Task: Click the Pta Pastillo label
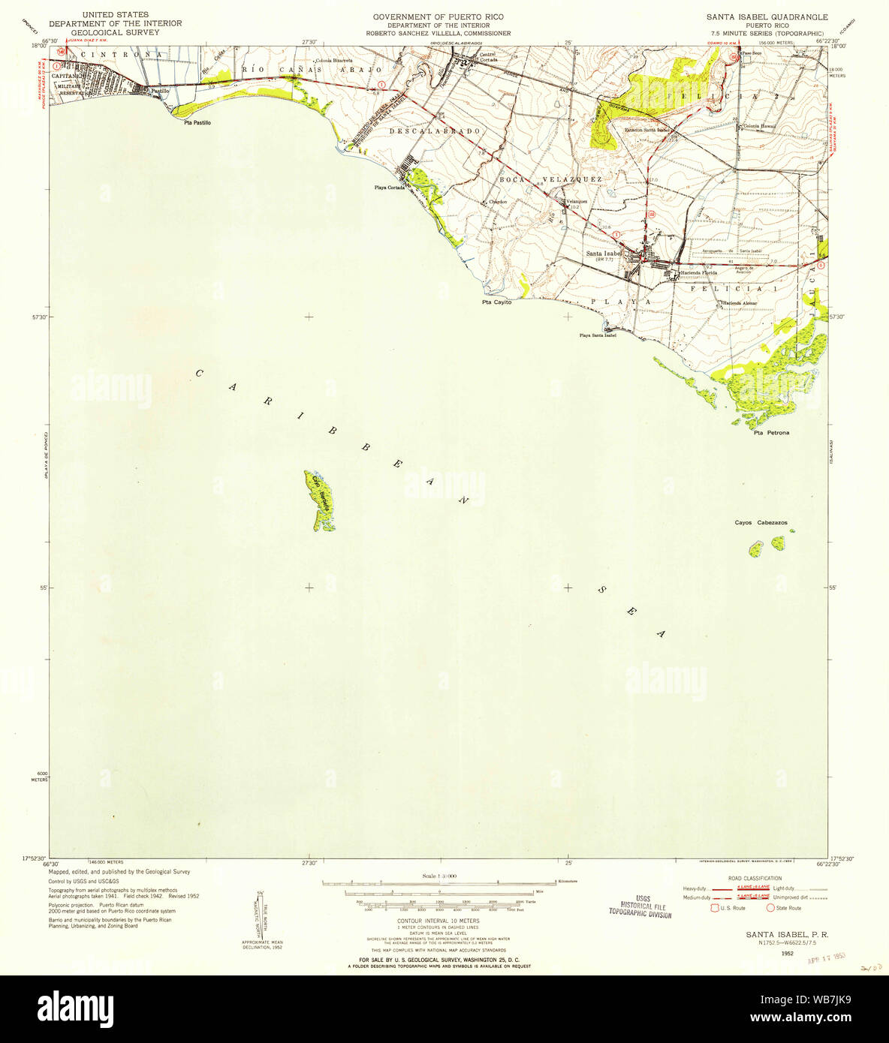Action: coord(197,122)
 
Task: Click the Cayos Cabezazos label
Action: coord(761,522)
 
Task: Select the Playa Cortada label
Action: coord(390,188)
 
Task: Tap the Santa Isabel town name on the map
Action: coord(604,254)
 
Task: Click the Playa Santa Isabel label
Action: coord(598,335)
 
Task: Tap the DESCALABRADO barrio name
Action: coord(434,131)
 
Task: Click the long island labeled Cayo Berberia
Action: coord(320,501)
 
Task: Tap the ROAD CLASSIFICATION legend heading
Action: coord(755,878)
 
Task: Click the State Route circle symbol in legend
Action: coord(770,907)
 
